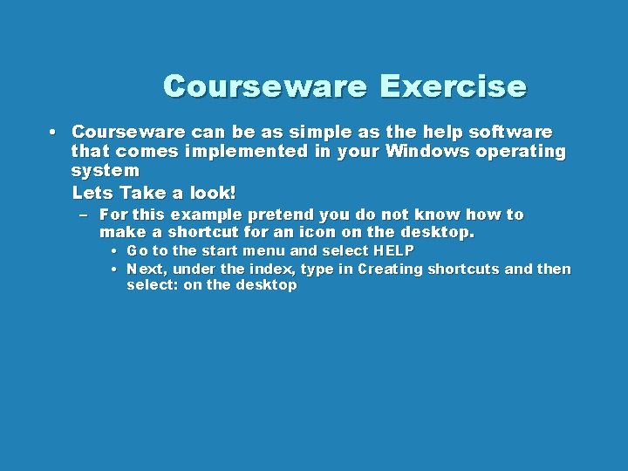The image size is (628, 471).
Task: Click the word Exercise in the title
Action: pyautogui.click(x=453, y=87)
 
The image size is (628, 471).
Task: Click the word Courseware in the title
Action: pyautogui.click(x=263, y=87)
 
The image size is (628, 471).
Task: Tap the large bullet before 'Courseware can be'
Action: pyautogui.click(x=53, y=132)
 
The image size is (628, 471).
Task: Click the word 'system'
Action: pyautogui.click(x=105, y=171)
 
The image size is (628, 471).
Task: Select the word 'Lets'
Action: pyautogui.click(x=92, y=192)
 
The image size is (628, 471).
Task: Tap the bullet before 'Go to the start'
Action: pyautogui.click(x=114, y=251)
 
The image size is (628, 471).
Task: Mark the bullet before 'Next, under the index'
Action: pyautogui.click(x=114, y=270)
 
